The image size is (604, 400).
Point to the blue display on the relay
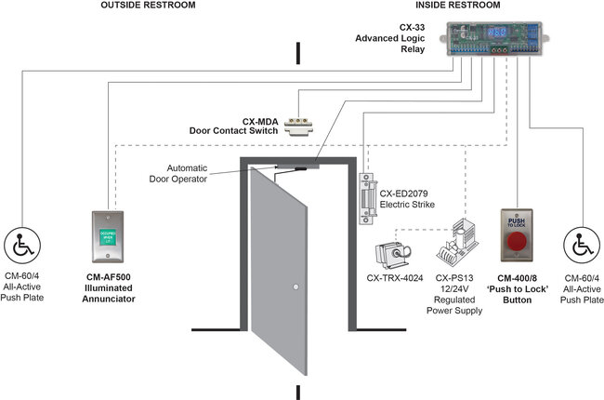coord(498,32)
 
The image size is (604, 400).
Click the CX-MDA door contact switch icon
coord(302,124)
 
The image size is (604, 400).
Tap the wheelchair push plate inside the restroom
coord(584,246)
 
